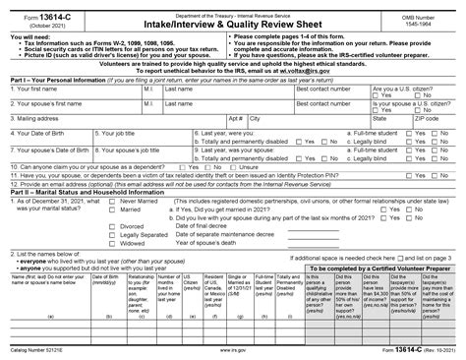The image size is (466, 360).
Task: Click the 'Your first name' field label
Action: (39, 89)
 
